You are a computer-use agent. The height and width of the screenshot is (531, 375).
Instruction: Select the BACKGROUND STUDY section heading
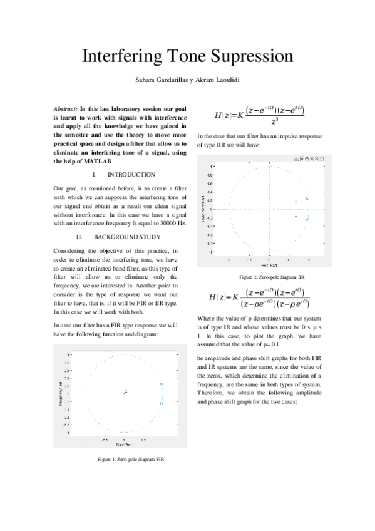click(x=127, y=237)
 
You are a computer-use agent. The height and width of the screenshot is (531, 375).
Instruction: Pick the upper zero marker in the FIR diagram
click(x=161, y=383)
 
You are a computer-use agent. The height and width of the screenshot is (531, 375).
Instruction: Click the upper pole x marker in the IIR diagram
click(x=295, y=202)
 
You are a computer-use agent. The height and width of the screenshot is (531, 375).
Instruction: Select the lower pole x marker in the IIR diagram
click(x=295, y=216)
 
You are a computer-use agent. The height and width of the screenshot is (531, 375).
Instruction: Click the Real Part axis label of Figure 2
click(x=269, y=265)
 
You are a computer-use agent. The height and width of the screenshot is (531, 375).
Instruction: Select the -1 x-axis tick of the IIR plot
click(x=229, y=258)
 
